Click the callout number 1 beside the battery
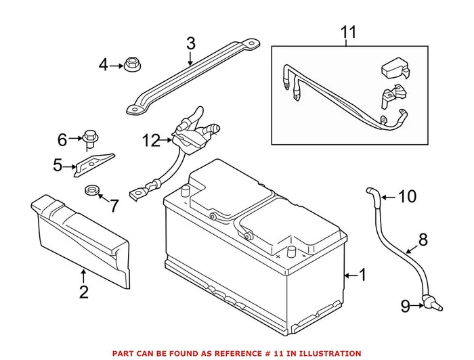coord(362,275)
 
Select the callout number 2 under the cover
coord(83,292)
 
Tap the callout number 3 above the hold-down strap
coord(190,44)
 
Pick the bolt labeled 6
coord(88,138)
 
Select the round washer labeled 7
coord(89,190)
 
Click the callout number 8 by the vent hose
coord(423,239)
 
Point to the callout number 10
coord(406,197)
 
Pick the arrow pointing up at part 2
coord(83,276)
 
